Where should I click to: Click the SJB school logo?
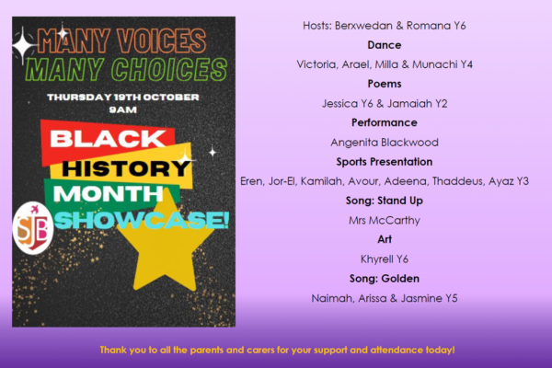click(x=33, y=228)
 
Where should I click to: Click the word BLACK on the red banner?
click(x=108, y=138)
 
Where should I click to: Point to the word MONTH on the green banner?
click(x=108, y=194)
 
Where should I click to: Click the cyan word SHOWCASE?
click(x=142, y=220)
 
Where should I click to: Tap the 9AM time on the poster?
click(x=123, y=109)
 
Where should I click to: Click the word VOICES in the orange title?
click(x=162, y=40)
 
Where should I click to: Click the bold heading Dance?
click(x=384, y=45)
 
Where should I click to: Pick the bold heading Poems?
click(x=385, y=84)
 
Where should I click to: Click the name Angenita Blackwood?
click(x=385, y=143)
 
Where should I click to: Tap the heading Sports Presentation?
click(x=384, y=162)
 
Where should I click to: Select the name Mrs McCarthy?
click(x=385, y=221)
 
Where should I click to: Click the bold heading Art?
click(x=385, y=239)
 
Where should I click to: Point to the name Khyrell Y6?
click(x=385, y=259)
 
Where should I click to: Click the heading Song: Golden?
click(x=384, y=279)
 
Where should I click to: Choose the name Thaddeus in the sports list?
click(x=457, y=181)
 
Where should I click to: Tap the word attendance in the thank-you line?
click(x=391, y=350)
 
